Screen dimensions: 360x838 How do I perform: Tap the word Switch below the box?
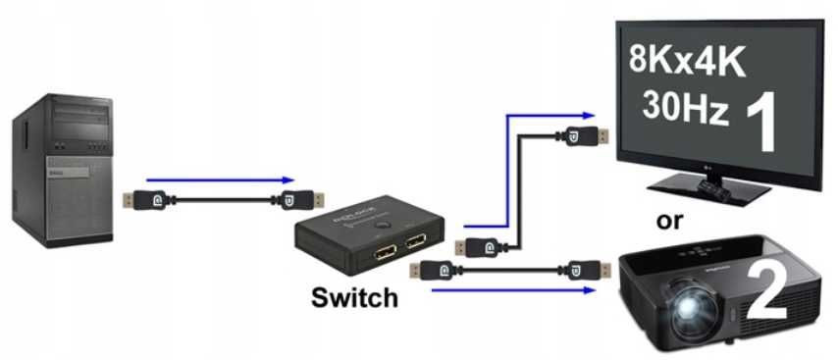coord(354,297)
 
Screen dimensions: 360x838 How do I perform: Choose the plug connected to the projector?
coord(585,268)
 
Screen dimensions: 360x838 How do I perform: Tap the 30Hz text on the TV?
coord(686,106)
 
